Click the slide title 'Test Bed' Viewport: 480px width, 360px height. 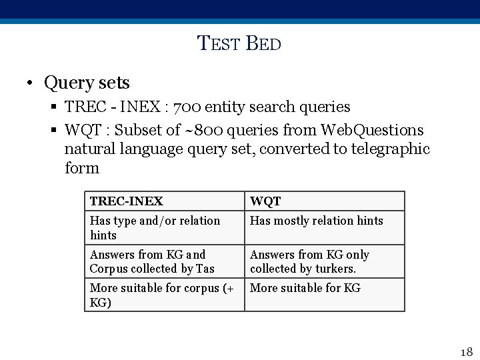coord(239,45)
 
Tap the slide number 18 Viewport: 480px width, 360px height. coord(466,351)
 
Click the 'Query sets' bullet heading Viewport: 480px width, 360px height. coord(87,83)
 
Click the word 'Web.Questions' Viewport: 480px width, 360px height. coord(372,129)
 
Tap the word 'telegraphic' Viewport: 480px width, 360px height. coord(390,149)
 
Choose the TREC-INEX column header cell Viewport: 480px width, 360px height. coord(164,201)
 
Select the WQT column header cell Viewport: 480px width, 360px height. coord(324,201)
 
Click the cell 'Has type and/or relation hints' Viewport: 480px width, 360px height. coord(164,227)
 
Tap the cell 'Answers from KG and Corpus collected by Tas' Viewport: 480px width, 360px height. coord(164,261)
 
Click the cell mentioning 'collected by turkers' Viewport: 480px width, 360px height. coord(324,261)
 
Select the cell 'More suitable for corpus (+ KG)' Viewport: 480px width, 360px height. coord(164,295)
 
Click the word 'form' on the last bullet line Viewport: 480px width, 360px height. coord(82,168)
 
